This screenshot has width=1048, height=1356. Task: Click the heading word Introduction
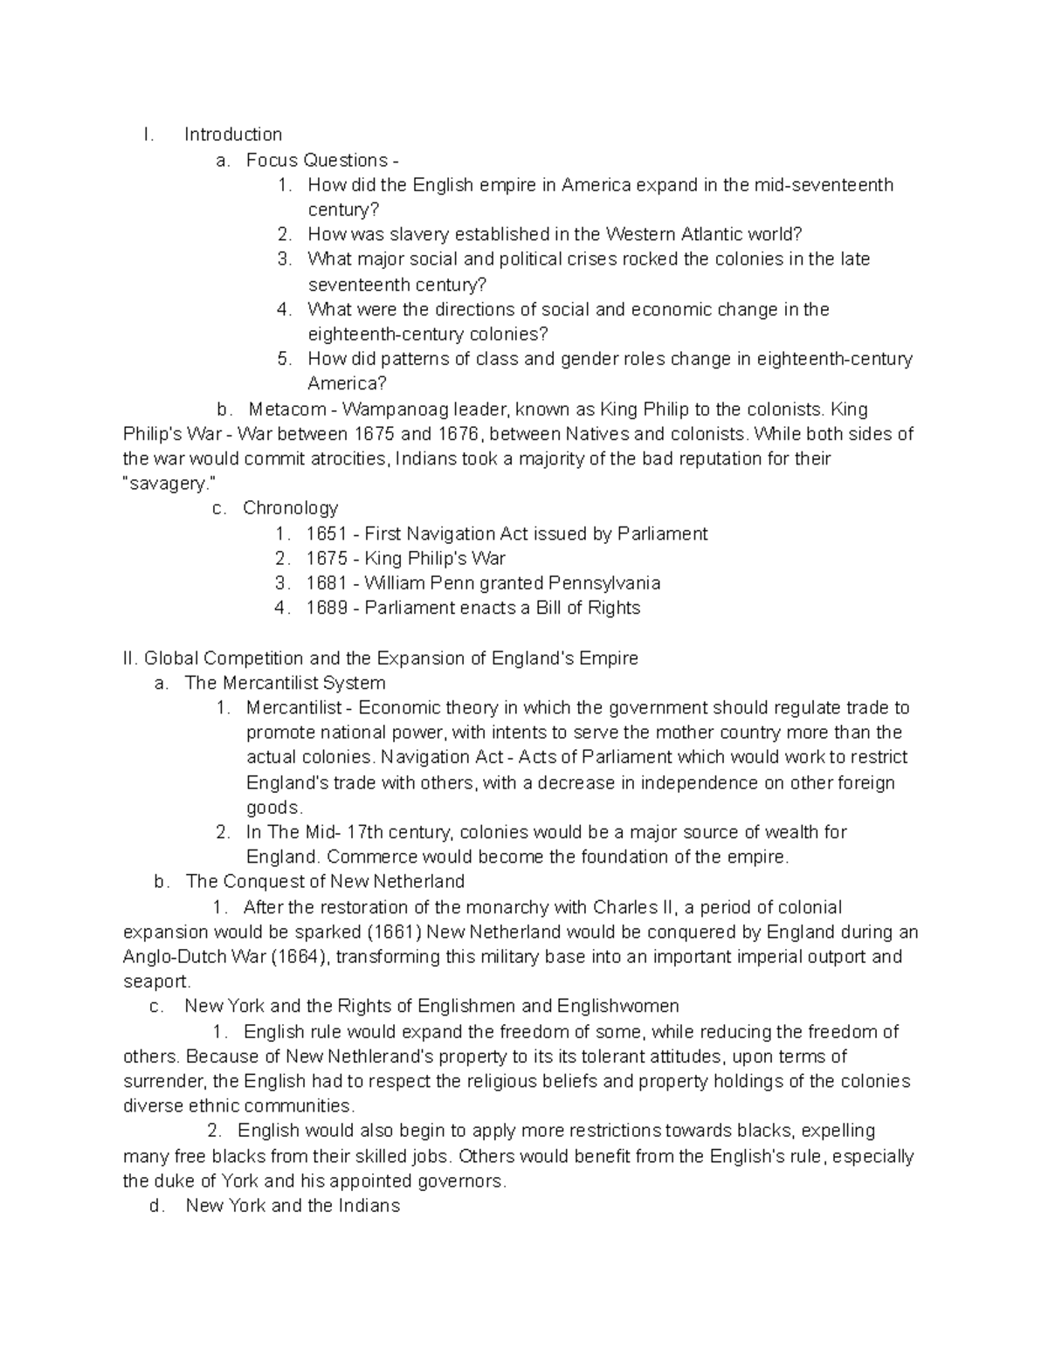[x=232, y=134]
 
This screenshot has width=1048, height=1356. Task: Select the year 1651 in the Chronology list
[x=327, y=533]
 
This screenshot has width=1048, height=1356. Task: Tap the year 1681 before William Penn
[x=327, y=583]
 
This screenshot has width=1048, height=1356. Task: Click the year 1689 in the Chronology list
[x=327, y=608]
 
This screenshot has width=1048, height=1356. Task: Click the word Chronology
[x=290, y=508]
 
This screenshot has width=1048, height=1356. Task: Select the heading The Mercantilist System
[x=285, y=683]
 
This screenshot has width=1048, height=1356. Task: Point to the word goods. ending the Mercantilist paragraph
[x=274, y=808]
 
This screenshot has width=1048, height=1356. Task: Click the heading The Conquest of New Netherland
[x=325, y=882]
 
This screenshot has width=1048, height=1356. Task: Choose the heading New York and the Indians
[x=293, y=1206]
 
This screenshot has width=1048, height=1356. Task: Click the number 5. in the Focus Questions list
[x=284, y=359]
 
